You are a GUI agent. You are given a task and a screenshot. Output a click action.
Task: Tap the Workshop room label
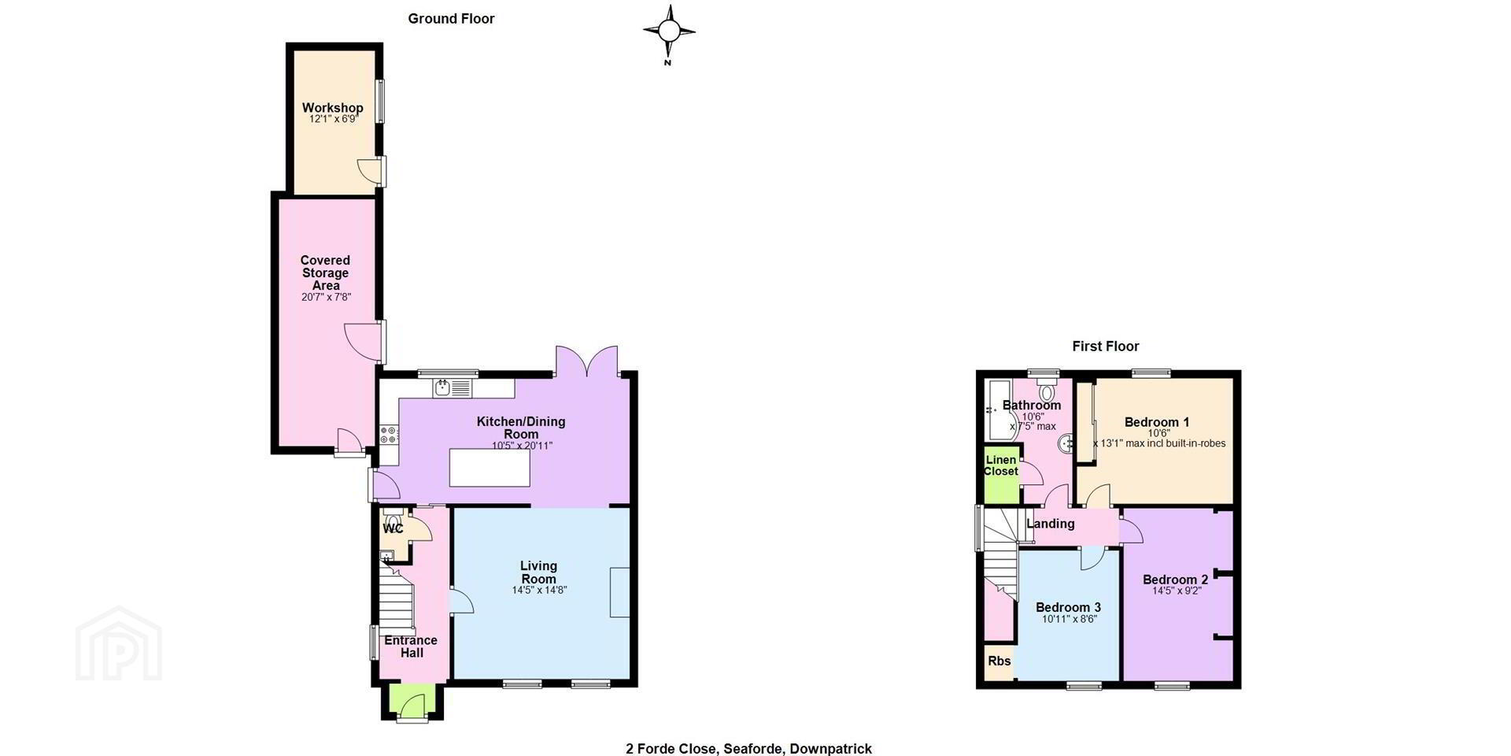click(333, 108)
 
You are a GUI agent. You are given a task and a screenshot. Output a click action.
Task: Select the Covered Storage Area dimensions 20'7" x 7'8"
click(326, 298)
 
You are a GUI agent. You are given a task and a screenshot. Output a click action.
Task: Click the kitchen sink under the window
click(452, 387)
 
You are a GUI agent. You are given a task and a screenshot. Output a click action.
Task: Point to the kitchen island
click(490, 467)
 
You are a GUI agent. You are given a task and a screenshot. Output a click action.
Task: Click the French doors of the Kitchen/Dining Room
click(586, 361)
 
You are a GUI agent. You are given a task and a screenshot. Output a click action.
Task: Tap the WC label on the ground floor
click(393, 529)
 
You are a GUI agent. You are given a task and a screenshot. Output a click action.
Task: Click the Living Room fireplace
click(620, 591)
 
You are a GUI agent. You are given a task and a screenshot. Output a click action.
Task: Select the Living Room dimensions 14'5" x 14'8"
click(539, 590)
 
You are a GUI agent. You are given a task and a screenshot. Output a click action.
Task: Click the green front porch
click(412, 700)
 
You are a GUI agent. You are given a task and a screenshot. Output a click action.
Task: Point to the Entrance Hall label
click(411, 647)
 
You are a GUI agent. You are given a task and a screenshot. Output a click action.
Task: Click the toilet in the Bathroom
click(1047, 390)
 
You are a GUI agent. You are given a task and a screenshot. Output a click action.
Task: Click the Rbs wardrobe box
click(999, 661)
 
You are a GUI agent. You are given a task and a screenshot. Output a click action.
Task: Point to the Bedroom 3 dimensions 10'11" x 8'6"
click(1069, 619)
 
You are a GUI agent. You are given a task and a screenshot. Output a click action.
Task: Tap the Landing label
click(1051, 524)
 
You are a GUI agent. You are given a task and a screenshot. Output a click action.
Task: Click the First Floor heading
click(1106, 346)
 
